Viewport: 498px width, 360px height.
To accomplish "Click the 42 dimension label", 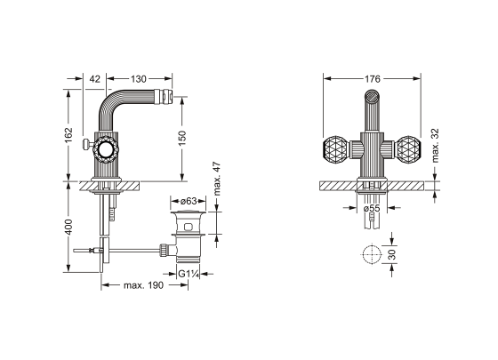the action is [x=94, y=79].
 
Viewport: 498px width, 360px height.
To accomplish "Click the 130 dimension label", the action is [x=139, y=79].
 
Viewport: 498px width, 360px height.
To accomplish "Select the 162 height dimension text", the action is [x=68, y=135].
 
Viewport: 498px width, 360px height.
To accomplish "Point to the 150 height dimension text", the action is [x=182, y=138].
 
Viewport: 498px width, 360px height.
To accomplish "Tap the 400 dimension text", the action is [x=68, y=227].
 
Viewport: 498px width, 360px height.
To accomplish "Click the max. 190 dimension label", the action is [x=143, y=285].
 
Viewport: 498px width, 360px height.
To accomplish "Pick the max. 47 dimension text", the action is [x=217, y=179].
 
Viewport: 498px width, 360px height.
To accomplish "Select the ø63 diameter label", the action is [x=189, y=201].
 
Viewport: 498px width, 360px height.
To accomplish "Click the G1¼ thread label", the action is [x=189, y=274].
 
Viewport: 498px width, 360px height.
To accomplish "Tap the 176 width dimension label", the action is [x=372, y=79].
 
